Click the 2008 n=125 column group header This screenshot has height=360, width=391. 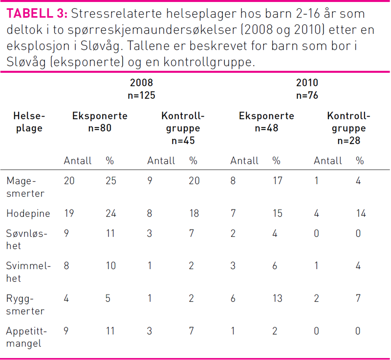(141, 89)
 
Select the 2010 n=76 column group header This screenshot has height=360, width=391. (307, 89)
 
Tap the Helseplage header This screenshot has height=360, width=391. (29, 122)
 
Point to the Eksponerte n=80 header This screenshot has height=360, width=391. (100, 122)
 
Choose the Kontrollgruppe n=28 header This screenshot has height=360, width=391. (348, 128)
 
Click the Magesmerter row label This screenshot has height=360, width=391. (25, 187)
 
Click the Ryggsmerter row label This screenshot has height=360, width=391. (25, 305)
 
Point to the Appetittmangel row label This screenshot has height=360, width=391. (27, 337)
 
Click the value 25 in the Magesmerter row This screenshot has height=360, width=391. (111, 181)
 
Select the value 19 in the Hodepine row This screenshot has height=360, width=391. (69, 213)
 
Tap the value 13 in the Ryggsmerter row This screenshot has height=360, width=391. (277, 298)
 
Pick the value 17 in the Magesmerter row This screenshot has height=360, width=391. (277, 181)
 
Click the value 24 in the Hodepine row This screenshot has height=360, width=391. (111, 213)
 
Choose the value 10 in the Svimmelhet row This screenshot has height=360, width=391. (110, 266)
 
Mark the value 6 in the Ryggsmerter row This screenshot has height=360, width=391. (233, 298)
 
